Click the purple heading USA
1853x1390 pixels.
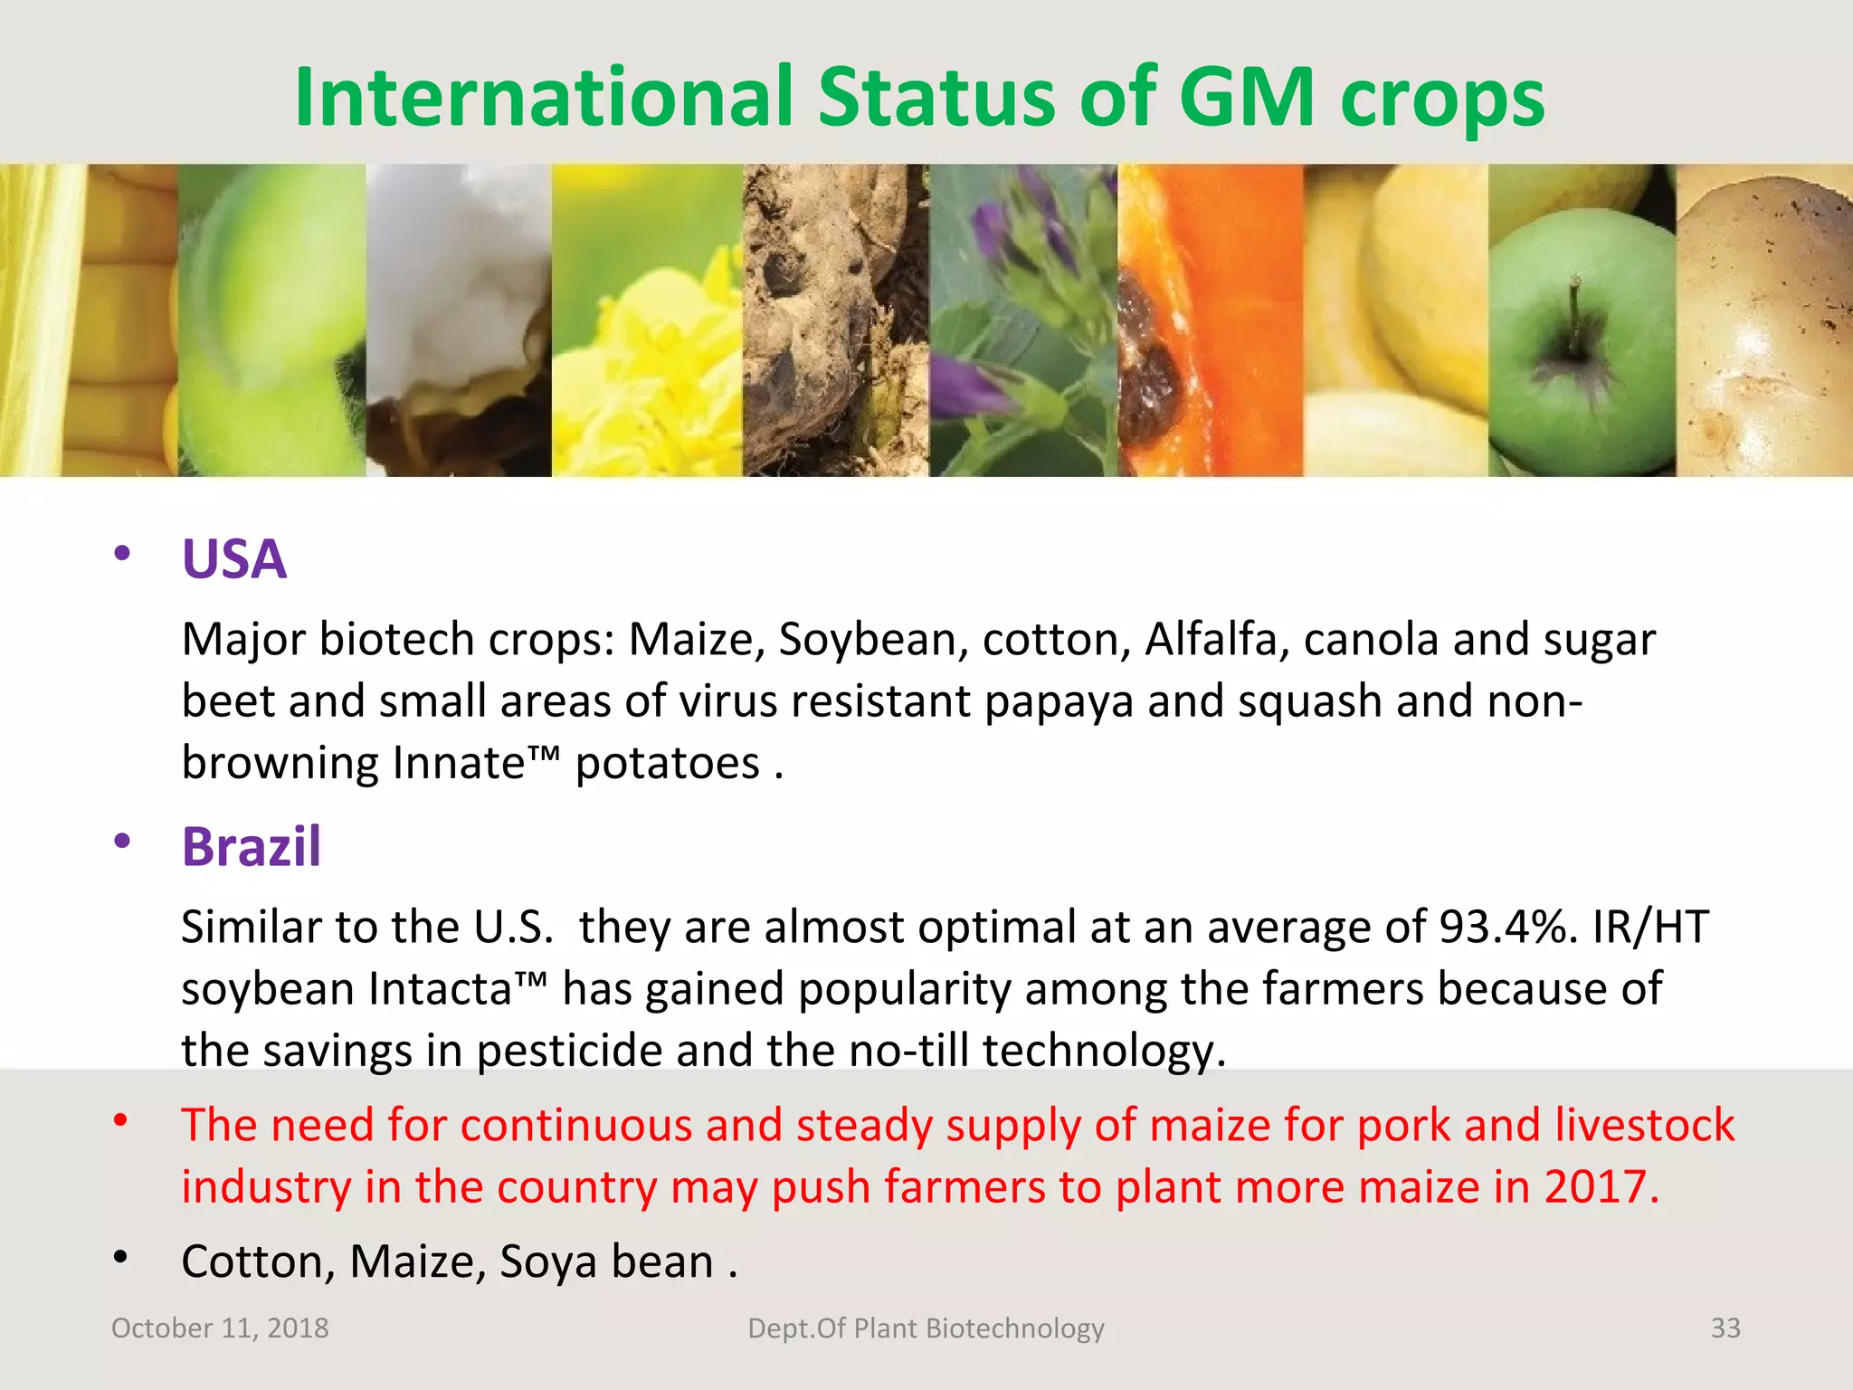point(234,559)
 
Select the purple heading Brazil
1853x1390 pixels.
point(252,847)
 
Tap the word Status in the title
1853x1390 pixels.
point(936,97)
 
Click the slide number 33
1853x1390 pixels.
point(1725,1328)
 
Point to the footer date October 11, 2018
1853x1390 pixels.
point(220,1328)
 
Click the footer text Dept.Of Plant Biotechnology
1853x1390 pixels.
point(926,1328)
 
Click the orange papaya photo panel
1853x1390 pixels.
point(1211,320)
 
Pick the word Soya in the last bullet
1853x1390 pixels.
point(547,1261)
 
